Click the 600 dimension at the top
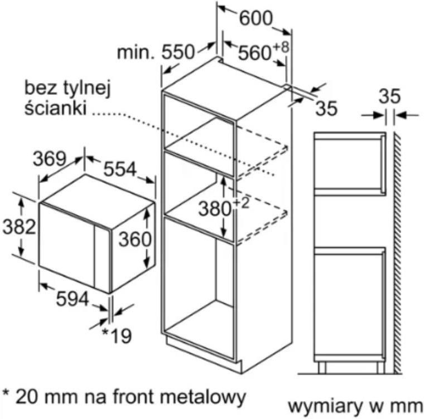tap(256, 18)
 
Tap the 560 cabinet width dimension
tap(254, 53)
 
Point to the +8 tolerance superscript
tap(281, 47)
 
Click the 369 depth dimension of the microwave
tap(50, 159)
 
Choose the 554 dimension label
tap(121, 169)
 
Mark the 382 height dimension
tap(19, 226)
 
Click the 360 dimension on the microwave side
tap(135, 239)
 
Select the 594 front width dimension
tap(73, 299)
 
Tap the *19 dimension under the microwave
tap(117, 335)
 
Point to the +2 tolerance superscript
tap(240, 203)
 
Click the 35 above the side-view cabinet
tap(389, 96)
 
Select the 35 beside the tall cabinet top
tap(327, 108)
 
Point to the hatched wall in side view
tap(397, 252)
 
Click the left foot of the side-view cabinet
tap(322, 368)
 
